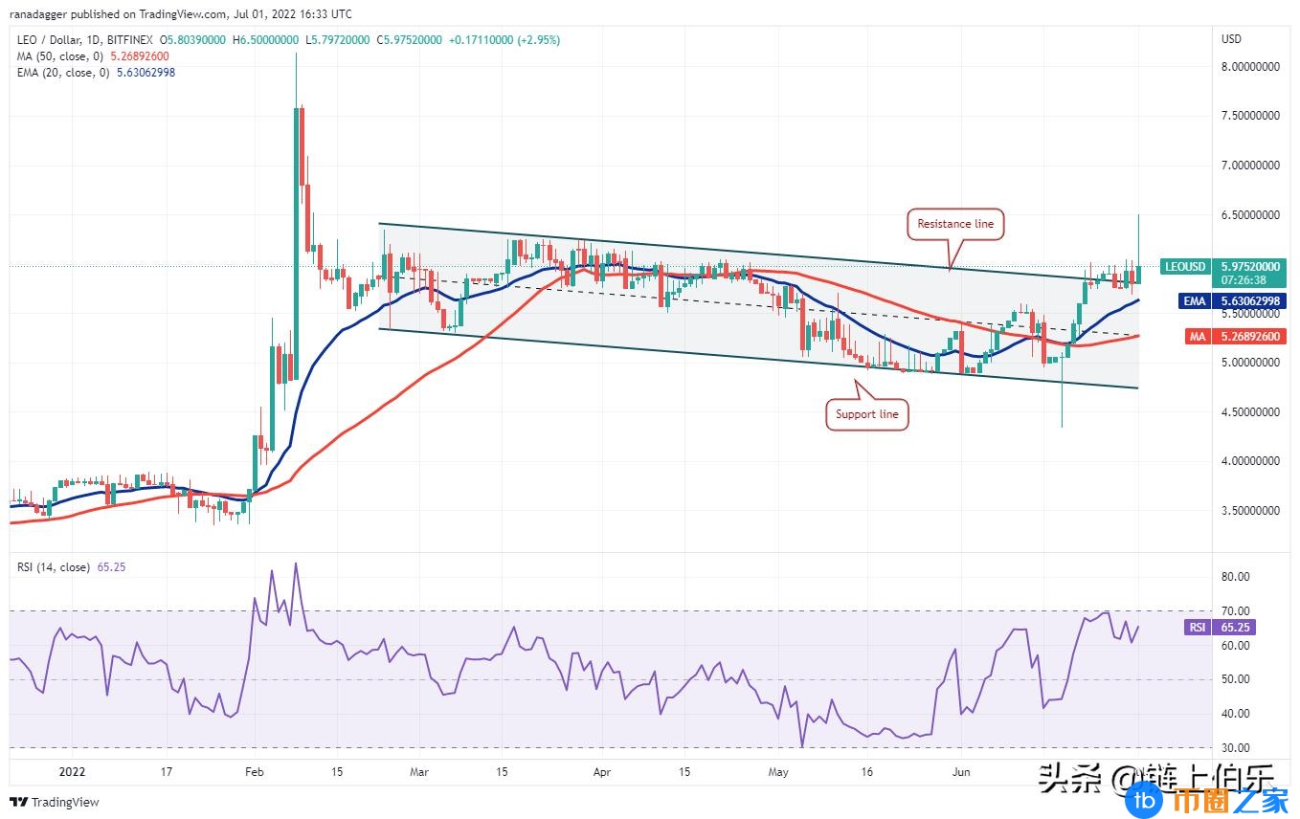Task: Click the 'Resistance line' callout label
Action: [x=955, y=224]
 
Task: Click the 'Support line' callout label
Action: [x=866, y=414]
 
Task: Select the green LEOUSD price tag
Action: [x=1184, y=267]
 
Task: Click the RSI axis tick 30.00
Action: [x=1237, y=748]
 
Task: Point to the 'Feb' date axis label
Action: [x=254, y=770]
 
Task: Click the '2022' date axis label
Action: [x=72, y=770]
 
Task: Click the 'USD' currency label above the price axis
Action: [x=1231, y=38]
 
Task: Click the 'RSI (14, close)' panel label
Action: [x=52, y=567]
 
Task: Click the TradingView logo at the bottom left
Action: [x=56, y=802]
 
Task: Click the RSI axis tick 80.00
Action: [x=1237, y=577]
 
